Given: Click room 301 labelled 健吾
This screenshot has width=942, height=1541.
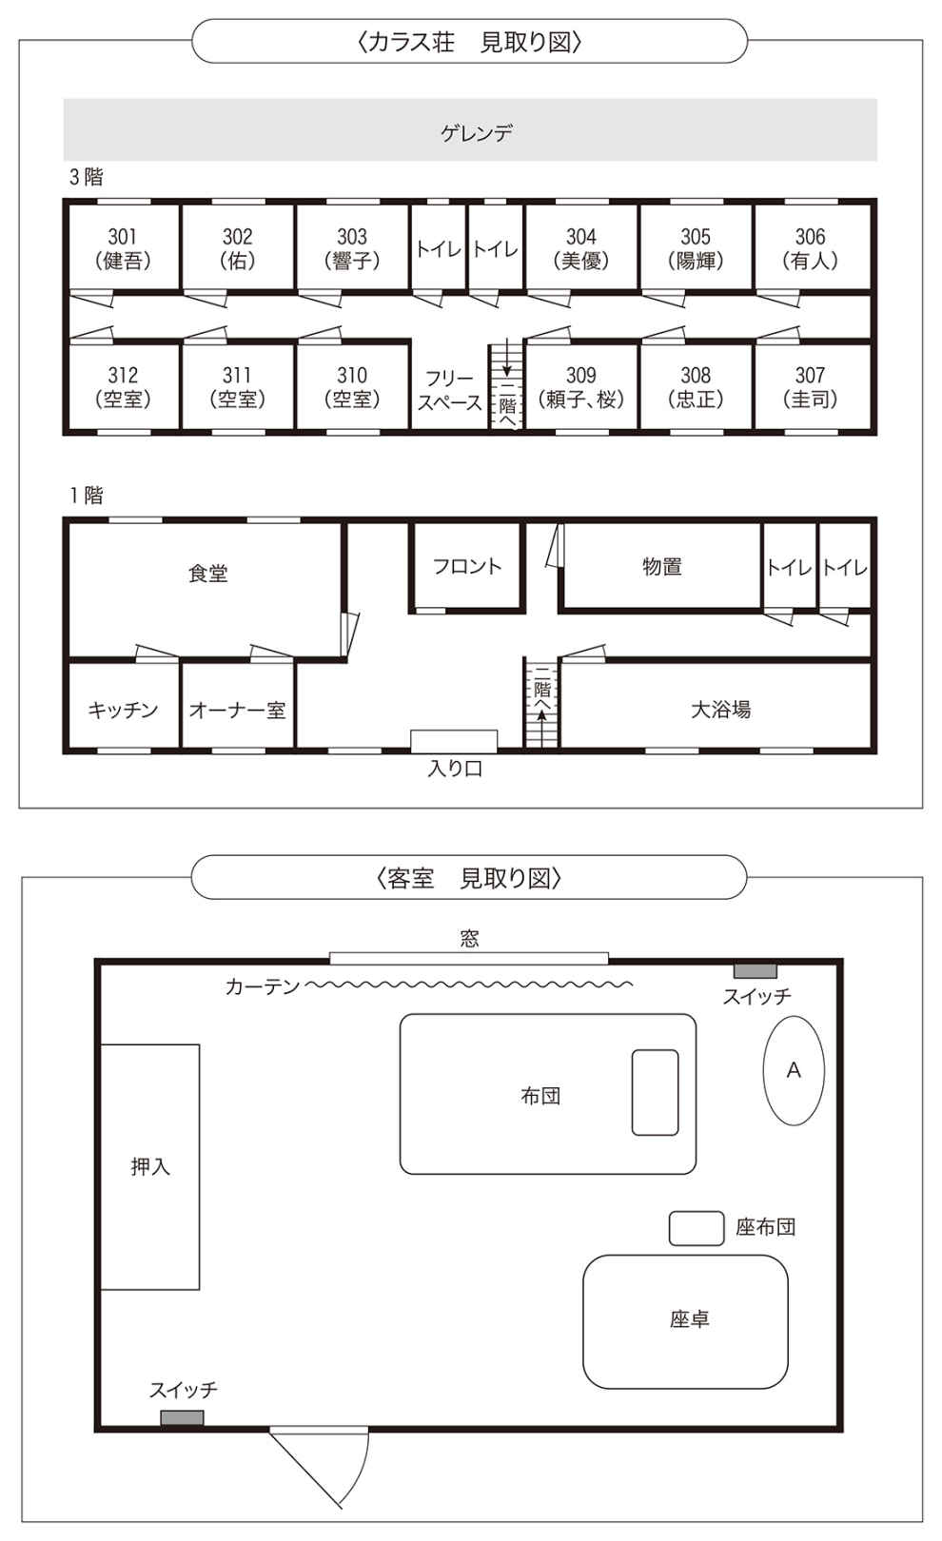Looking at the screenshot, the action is (x=123, y=247).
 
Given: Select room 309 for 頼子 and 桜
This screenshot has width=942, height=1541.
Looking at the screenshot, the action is (x=581, y=386).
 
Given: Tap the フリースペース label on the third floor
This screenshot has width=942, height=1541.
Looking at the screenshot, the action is (x=449, y=390).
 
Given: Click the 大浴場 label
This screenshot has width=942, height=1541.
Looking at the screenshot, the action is (x=720, y=710).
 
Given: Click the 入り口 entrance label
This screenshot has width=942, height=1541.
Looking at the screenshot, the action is (x=455, y=769).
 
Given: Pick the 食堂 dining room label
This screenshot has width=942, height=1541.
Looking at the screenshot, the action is (x=207, y=573).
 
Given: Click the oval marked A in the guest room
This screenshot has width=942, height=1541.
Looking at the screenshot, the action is (x=794, y=1070).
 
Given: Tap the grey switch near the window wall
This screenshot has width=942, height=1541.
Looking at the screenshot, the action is (x=755, y=971).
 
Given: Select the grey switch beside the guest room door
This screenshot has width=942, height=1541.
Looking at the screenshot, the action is (x=183, y=1417).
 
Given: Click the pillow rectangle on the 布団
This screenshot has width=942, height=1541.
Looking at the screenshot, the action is (x=655, y=1092).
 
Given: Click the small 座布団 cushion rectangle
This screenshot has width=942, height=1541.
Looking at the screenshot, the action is (x=697, y=1228).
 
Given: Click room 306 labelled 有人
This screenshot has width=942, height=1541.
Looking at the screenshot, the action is (x=812, y=247).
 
